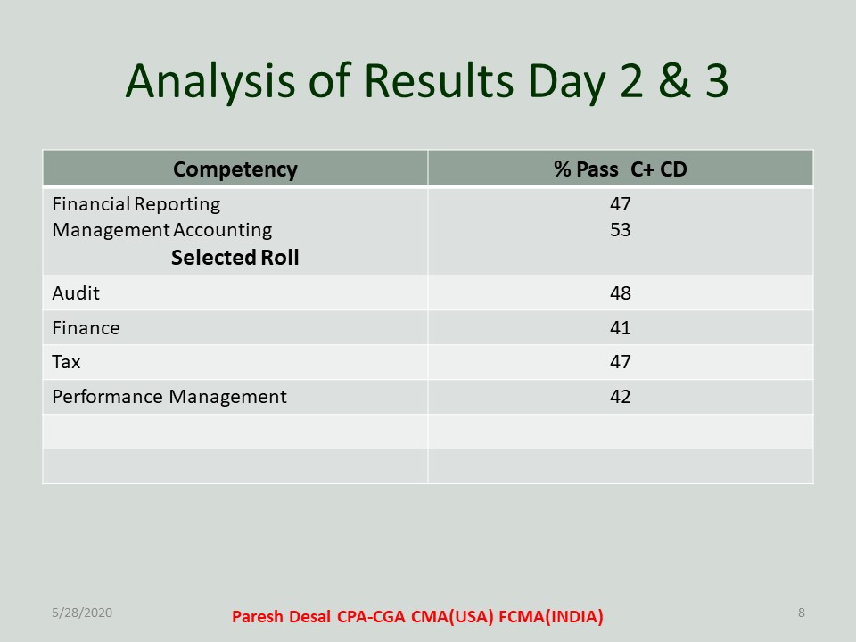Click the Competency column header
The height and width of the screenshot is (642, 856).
pyautogui.click(x=235, y=169)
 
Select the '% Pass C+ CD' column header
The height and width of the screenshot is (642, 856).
pyautogui.click(x=621, y=169)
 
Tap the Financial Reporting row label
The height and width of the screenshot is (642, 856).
pyautogui.click(x=136, y=205)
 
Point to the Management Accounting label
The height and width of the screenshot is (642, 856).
pyautogui.click(x=161, y=230)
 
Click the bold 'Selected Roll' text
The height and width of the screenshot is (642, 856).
pyautogui.click(x=235, y=258)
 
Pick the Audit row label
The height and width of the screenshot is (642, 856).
pyautogui.click(x=76, y=293)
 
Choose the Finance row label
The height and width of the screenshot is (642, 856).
pyautogui.click(x=86, y=328)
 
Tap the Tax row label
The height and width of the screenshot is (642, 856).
pyautogui.click(x=66, y=362)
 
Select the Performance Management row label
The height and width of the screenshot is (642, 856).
pyautogui.click(x=169, y=397)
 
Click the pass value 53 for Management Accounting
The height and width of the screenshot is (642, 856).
pyautogui.click(x=621, y=230)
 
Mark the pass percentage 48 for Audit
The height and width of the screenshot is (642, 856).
pyautogui.click(x=621, y=293)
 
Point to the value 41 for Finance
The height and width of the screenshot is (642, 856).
pyautogui.click(x=621, y=328)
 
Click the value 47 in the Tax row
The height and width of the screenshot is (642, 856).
pyautogui.click(x=621, y=362)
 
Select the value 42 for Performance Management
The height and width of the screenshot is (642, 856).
pyautogui.click(x=621, y=396)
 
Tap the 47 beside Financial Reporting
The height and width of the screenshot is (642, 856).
pyautogui.click(x=621, y=204)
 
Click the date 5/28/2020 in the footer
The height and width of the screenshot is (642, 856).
pyautogui.click(x=82, y=613)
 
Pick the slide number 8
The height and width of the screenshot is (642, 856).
pyautogui.click(x=802, y=613)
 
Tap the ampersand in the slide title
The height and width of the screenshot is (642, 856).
pyautogui.click(x=675, y=81)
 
